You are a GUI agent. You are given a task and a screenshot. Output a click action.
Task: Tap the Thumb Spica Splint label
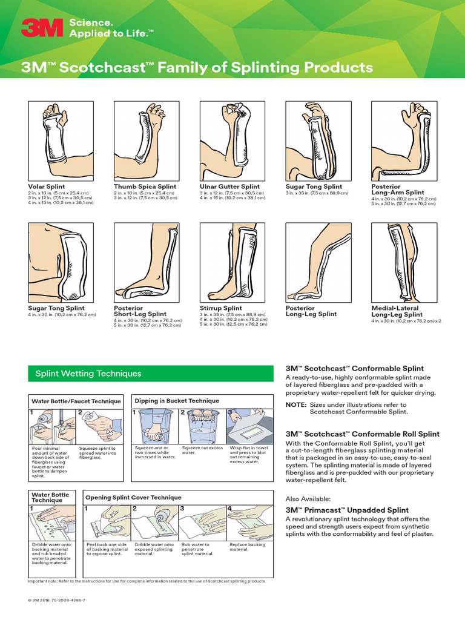click(145, 187)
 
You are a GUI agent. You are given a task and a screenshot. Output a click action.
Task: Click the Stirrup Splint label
click(220, 308)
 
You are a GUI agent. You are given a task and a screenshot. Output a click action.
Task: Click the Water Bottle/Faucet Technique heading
click(76, 401)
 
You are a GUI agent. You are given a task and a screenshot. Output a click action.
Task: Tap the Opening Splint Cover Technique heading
click(133, 497)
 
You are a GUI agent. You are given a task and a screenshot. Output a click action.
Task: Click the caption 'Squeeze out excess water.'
click(200, 450)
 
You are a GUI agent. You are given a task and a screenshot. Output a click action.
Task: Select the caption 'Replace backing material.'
click(248, 547)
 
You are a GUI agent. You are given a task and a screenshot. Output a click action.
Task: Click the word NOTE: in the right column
click(295, 404)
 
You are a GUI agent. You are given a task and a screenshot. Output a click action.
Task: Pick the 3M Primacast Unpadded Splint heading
click(347, 510)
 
